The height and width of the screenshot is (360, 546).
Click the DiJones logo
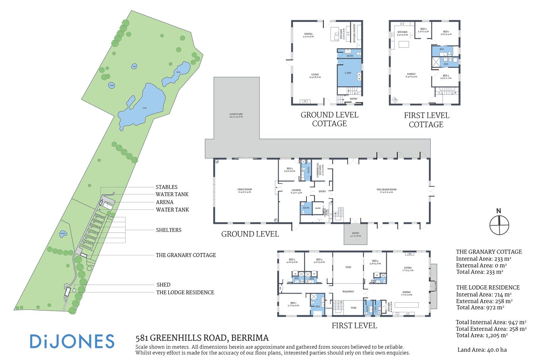tap(72, 341)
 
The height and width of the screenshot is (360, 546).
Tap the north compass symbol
tap(499, 225)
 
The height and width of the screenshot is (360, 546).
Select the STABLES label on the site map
tap(166, 187)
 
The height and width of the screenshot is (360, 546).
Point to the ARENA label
tap(165, 202)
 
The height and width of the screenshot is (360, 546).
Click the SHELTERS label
tap(168, 230)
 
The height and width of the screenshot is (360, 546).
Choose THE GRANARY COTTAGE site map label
tap(186, 255)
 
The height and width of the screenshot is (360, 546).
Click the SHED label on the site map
tap(163, 285)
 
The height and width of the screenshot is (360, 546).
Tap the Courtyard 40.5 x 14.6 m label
tap(236, 116)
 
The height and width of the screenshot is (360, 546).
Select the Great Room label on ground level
tap(245, 191)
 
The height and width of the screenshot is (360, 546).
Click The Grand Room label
tap(386, 191)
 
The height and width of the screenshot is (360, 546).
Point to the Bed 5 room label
tap(290, 170)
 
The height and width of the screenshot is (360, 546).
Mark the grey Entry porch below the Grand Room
tap(356, 234)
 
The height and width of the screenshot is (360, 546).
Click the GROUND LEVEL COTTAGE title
tap(329, 119)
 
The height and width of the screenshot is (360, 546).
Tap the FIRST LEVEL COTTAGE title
tap(426, 120)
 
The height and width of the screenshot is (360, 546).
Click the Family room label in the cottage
tap(411, 75)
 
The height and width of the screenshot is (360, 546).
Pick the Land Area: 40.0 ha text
tap(482, 350)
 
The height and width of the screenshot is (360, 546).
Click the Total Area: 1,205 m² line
tap(482, 335)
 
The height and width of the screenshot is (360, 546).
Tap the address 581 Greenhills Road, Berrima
tap(202, 338)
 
